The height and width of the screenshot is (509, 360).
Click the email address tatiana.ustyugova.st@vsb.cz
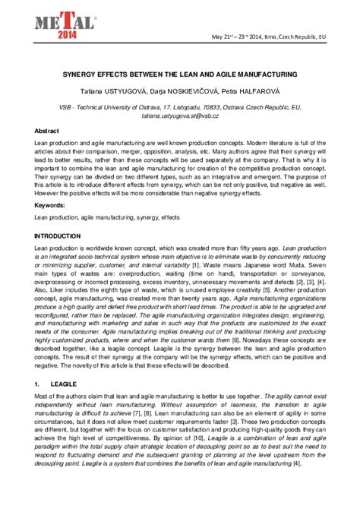179,118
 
